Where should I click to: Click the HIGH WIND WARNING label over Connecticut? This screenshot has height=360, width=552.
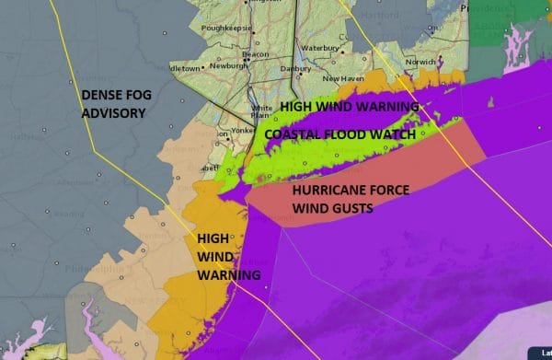350,107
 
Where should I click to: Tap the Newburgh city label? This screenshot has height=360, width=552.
226,66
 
